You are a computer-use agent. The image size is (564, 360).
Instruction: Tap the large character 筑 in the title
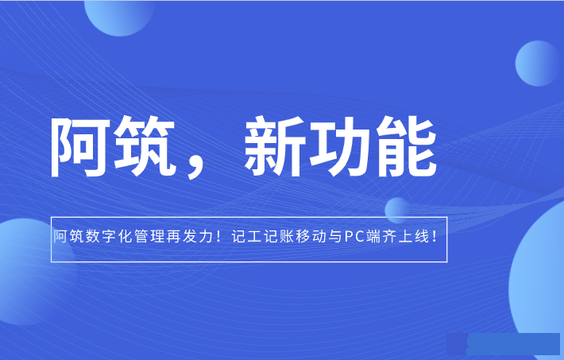[x=145, y=147]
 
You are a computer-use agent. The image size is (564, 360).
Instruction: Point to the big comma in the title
[x=197, y=168]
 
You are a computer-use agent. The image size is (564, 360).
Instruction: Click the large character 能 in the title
[x=407, y=147]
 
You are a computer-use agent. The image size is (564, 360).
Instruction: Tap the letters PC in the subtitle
[x=354, y=237]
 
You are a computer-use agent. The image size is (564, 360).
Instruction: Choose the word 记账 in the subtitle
[x=279, y=237]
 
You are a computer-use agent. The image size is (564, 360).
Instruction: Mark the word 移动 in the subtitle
[x=311, y=237]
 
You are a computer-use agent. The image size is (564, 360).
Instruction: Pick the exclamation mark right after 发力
[x=218, y=237]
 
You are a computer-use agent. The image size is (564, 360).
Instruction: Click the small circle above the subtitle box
[x=396, y=209]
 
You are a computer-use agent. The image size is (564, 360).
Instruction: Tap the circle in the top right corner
[x=538, y=64]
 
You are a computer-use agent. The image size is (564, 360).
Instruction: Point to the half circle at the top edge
[x=119, y=18]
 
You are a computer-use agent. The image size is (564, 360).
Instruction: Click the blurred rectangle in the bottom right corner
[x=503, y=344]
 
